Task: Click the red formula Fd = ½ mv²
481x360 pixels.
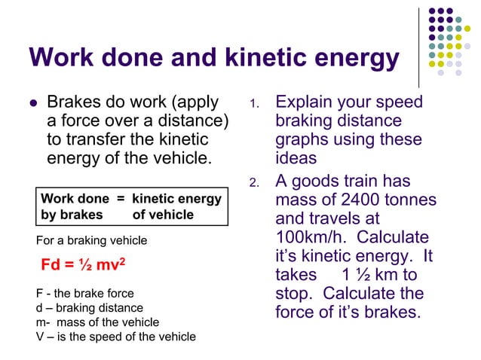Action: pos(83,265)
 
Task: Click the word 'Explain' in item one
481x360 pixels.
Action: pos(308,102)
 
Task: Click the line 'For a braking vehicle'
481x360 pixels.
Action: pos(92,240)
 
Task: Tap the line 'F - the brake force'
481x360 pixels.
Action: pos(85,294)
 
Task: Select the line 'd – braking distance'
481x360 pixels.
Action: pos(89,307)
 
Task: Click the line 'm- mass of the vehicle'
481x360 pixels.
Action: pos(97,322)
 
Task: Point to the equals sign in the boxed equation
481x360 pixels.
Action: pos(120,199)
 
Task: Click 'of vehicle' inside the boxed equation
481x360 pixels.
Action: pos(163,215)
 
